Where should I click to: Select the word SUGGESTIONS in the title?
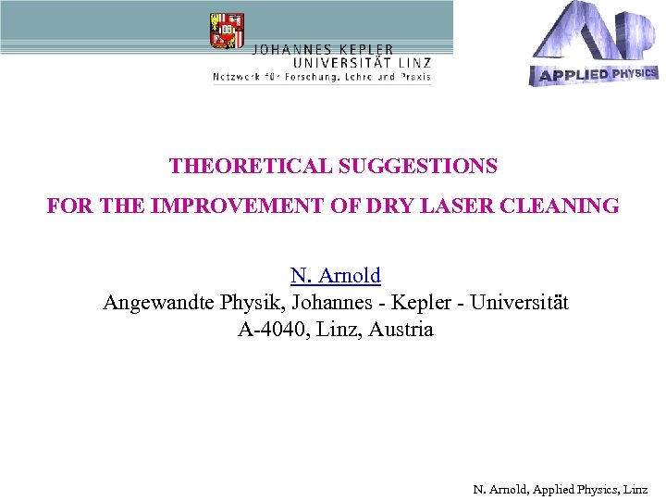click(x=417, y=167)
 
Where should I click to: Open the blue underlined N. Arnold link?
click(x=335, y=275)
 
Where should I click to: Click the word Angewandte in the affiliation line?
click(x=156, y=303)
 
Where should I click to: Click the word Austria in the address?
click(x=401, y=330)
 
